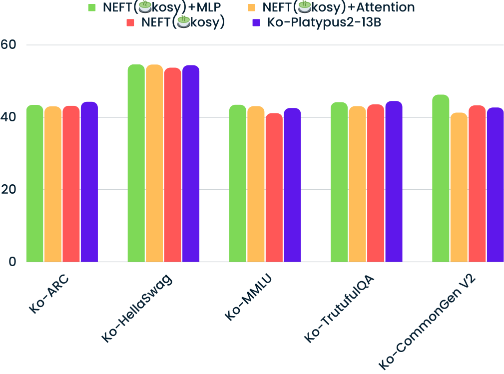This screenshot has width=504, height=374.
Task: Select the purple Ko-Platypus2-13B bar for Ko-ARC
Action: click(x=89, y=182)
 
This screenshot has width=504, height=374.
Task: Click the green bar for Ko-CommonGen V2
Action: click(x=441, y=178)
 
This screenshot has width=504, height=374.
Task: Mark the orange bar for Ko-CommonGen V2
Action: click(x=459, y=187)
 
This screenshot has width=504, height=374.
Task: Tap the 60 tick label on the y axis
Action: click(x=8, y=45)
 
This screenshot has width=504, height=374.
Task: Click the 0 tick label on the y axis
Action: click(x=12, y=262)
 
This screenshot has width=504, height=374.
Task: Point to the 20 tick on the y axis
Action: click(x=8, y=190)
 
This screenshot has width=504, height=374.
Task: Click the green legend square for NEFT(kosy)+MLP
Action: click(x=91, y=7)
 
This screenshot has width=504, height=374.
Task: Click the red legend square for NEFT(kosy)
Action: click(x=131, y=22)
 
